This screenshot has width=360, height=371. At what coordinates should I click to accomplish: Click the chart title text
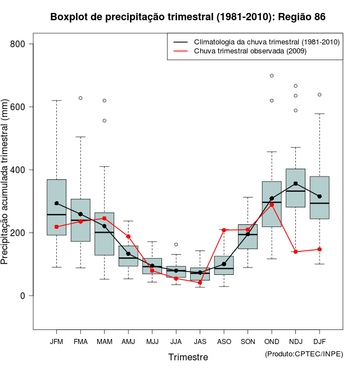click(x=188, y=17)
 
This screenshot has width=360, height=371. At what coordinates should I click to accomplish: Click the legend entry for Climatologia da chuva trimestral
click(x=267, y=42)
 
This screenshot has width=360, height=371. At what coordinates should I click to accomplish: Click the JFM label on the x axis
click(x=56, y=342)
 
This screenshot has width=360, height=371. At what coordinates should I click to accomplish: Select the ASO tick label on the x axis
click(x=224, y=342)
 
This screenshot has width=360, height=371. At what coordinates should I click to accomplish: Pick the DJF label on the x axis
click(x=319, y=342)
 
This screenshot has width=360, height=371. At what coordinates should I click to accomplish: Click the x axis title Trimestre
click(x=188, y=357)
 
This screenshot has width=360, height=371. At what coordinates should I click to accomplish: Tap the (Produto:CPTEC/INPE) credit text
click(x=304, y=354)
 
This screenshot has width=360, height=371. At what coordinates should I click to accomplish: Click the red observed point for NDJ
click(x=296, y=252)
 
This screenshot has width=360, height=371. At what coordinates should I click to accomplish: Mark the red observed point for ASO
click(x=224, y=230)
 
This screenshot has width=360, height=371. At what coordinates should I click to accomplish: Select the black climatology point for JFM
click(x=56, y=203)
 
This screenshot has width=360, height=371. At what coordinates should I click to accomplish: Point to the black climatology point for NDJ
click(x=296, y=183)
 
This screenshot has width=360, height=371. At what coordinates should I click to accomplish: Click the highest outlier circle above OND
click(x=272, y=75)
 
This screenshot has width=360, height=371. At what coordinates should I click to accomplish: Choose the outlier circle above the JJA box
click(x=176, y=245)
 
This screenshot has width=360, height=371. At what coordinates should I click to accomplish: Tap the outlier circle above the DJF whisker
click(x=319, y=94)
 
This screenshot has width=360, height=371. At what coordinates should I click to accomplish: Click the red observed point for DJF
click(x=319, y=249)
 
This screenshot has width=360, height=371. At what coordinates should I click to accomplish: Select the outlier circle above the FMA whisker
click(x=80, y=98)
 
